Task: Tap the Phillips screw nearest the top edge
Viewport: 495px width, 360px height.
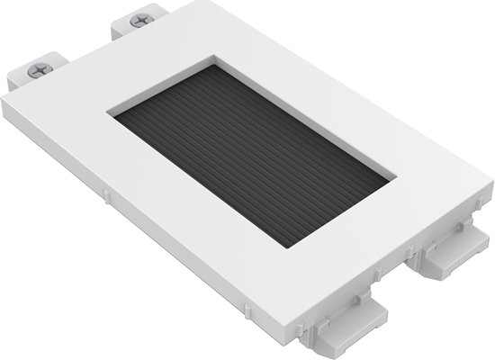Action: (140, 20)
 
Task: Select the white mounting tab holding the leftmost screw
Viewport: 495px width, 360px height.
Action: (29, 76)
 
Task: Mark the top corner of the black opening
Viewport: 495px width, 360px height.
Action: (214, 62)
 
